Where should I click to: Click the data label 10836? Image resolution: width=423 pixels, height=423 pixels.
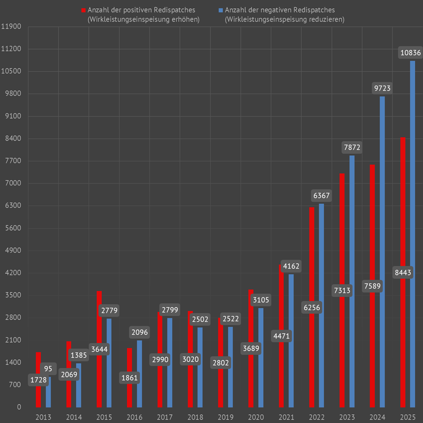click(410, 53)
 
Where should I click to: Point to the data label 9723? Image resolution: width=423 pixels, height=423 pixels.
click(382, 88)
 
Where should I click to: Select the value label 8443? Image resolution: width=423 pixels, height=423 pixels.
click(403, 273)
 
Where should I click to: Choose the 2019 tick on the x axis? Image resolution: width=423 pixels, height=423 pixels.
click(226, 417)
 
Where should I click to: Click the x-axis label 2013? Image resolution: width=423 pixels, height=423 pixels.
click(43, 417)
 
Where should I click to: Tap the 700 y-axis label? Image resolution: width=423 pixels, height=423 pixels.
click(15, 385)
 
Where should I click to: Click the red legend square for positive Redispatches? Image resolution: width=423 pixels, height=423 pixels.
click(83, 10)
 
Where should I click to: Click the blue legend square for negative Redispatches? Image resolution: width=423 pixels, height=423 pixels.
click(221, 10)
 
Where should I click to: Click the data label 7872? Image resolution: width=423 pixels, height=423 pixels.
click(352, 147)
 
